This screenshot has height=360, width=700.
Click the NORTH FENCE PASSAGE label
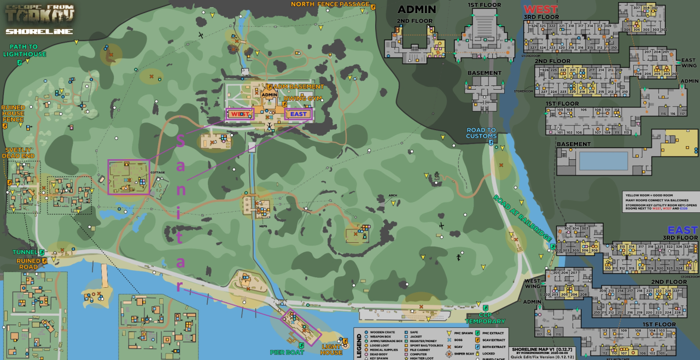pyautogui.click(x=330, y=4)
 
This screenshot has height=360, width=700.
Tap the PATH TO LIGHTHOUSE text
pyautogui.click(x=21, y=50)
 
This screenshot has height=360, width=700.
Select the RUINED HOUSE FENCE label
pyautogui.click(x=13, y=113)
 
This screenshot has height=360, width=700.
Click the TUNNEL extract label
pyautogui.click(x=25, y=252)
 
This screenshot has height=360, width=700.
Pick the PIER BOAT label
pyautogui.click(x=287, y=352)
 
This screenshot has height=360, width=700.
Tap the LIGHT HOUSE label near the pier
pyautogui.click(x=331, y=350)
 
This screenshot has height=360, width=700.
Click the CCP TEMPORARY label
pyautogui.click(x=485, y=318)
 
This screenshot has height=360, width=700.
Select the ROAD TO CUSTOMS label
pyautogui.click(x=481, y=133)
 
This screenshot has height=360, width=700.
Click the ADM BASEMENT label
pyautogui.click(x=298, y=87)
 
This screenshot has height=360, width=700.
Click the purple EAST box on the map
pyautogui.click(x=298, y=114)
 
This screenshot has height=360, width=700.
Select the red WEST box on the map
pyautogui.click(x=240, y=114)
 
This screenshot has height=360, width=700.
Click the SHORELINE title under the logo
pyautogui.click(x=39, y=31)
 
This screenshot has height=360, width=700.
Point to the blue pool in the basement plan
pyautogui.click(x=603, y=161)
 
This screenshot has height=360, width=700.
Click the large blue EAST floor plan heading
pyautogui.click(x=682, y=230)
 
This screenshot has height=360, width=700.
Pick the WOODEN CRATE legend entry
pyautogui.click(x=381, y=332)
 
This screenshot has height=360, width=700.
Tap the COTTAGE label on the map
pyautogui.click(x=158, y=172)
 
